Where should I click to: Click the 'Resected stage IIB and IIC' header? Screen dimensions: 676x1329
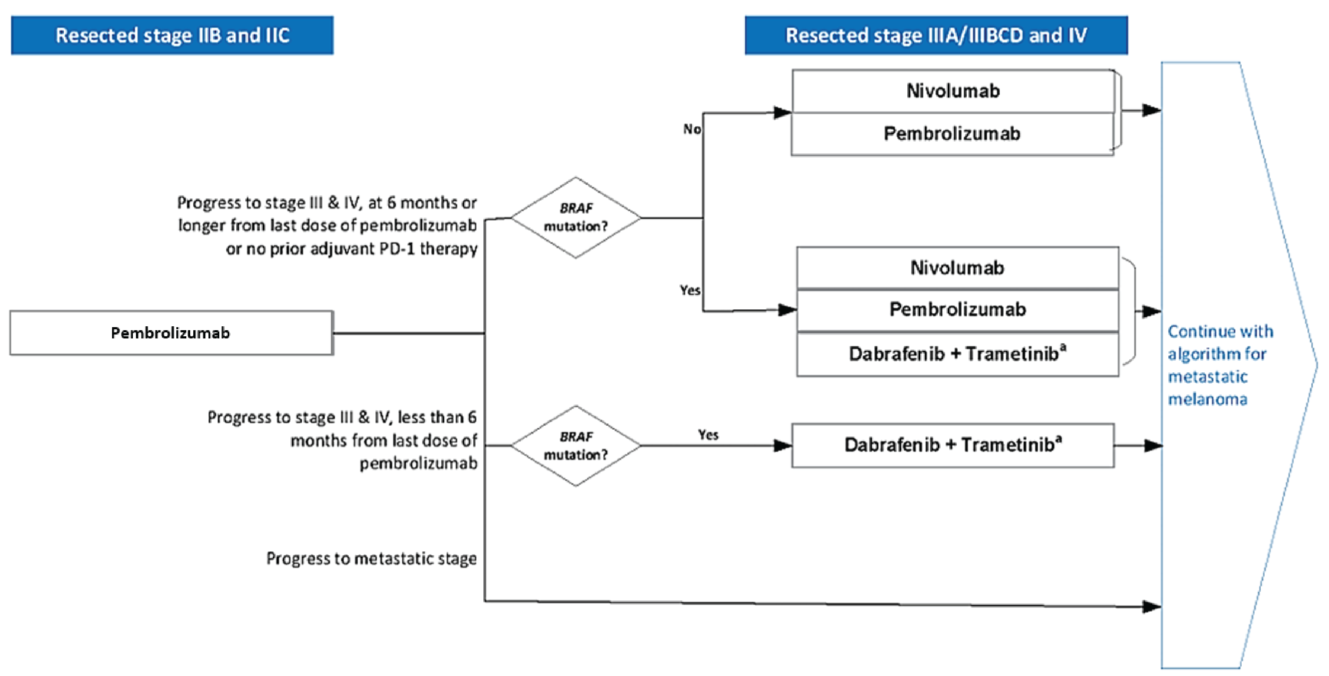click(x=172, y=35)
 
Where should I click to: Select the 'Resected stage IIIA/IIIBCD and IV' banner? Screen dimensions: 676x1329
click(x=936, y=35)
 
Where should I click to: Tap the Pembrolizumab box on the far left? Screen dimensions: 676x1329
click(x=171, y=333)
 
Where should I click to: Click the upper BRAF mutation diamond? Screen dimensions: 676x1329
click(x=576, y=217)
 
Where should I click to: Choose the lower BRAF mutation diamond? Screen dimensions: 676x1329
click(x=576, y=446)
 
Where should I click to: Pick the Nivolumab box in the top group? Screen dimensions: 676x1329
click(x=952, y=91)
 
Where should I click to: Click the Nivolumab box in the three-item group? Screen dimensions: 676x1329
click(x=957, y=268)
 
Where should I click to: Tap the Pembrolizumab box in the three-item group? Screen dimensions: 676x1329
click(x=957, y=310)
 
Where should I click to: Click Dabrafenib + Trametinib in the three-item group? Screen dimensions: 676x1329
click(x=957, y=354)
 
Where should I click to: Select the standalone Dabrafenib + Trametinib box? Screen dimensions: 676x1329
click(x=952, y=445)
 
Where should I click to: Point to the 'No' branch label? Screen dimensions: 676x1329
click(x=692, y=129)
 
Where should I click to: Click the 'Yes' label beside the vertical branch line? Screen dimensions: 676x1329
click(x=690, y=291)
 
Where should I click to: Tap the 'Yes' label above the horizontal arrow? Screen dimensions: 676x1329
click(x=708, y=435)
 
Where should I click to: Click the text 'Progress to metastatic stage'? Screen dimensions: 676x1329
click(x=371, y=558)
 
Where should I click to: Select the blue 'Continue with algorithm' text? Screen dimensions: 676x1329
click(x=1220, y=365)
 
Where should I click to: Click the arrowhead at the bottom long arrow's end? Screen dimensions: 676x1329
click(x=1151, y=607)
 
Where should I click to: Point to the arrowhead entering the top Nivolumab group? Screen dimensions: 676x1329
click(x=782, y=113)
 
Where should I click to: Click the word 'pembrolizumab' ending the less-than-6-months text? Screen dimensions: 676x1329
click(x=418, y=464)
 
